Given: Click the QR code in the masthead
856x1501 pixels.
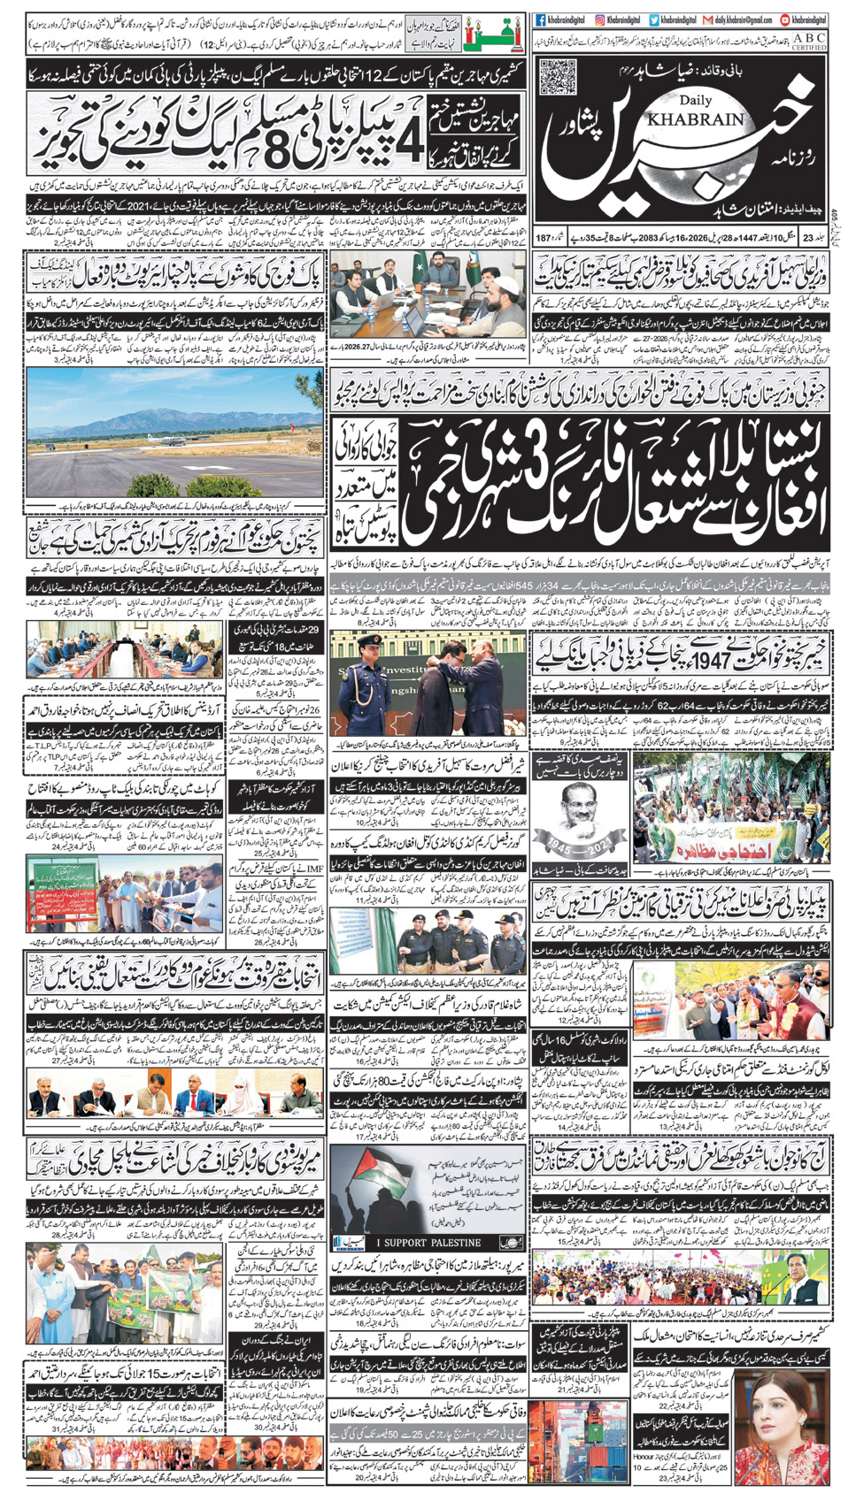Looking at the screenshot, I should click(x=558, y=77).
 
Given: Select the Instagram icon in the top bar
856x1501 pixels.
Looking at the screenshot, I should click(x=600, y=19).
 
